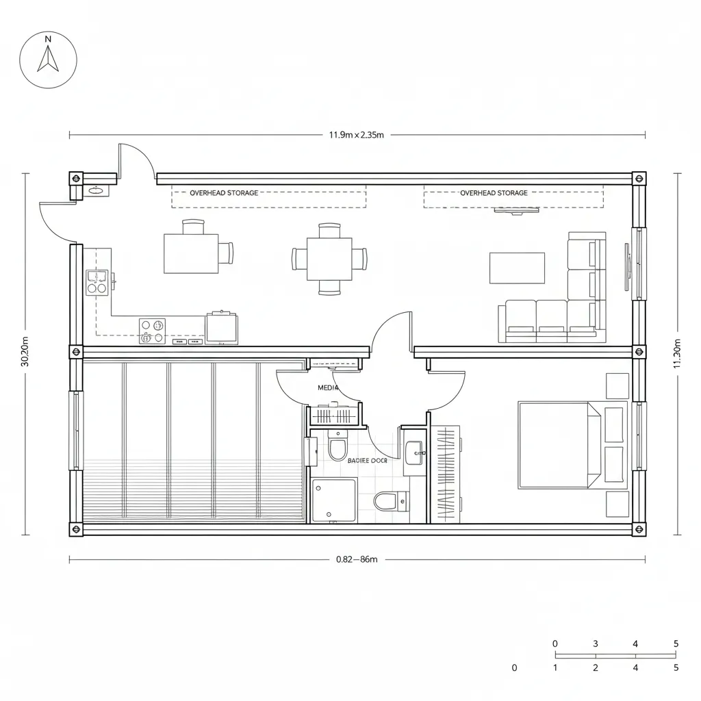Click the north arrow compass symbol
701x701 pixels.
click(x=48, y=60)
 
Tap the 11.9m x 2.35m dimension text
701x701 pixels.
click(x=356, y=135)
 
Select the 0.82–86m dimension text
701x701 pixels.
click(x=357, y=559)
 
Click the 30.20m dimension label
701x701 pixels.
click(x=25, y=351)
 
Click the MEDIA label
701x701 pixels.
click(x=329, y=387)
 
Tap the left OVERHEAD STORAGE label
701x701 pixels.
click(x=224, y=193)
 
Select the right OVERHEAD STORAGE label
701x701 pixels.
click(x=494, y=193)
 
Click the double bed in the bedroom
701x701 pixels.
click(x=560, y=445)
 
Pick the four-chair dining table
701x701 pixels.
click(x=329, y=259)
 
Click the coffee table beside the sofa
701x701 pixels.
click(x=517, y=268)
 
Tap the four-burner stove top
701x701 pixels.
click(x=152, y=331)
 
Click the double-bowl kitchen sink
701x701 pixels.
click(x=97, y=283)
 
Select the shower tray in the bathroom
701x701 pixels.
click(x=334, y=500)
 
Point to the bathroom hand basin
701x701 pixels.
click(x=414, y=453)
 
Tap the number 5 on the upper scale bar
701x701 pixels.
click(x=676, y=643)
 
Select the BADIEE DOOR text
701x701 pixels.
click(x=368, y=461)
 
